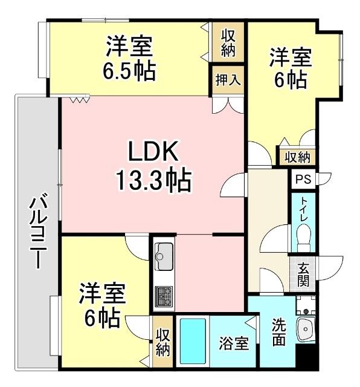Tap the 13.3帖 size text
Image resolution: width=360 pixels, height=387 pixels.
(153, 180)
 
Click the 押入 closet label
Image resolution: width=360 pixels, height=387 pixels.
(228, 80)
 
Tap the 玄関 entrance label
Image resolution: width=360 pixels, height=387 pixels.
(303, 275)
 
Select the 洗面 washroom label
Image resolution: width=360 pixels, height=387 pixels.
(277, 331)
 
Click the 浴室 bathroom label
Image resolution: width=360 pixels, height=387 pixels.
(233, 343)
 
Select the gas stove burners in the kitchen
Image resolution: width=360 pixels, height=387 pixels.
(163, 296)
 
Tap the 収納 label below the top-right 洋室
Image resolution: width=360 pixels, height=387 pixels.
(297, 157)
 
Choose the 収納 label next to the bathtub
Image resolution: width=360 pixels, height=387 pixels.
(162, 342)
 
